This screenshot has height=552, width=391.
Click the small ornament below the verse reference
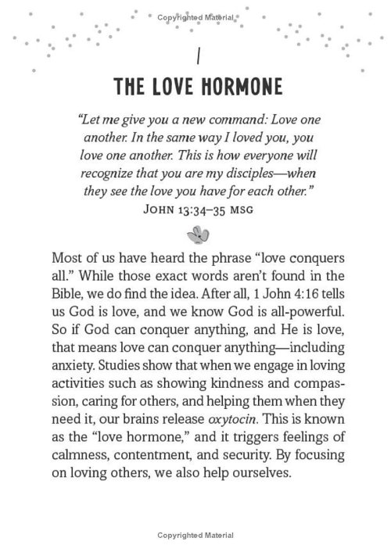click(x=195, y=233)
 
